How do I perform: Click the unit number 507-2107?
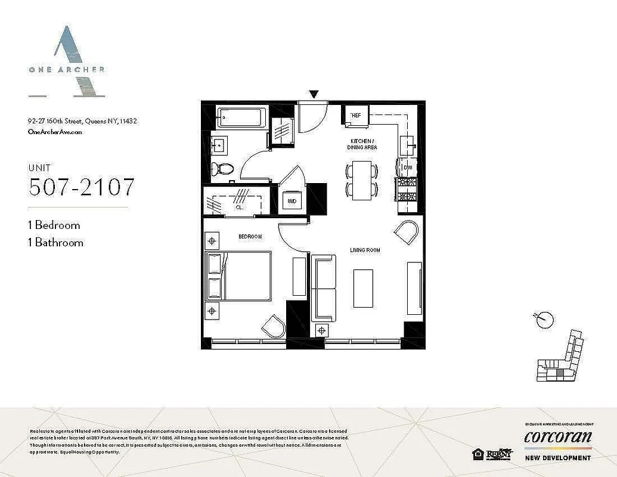[x=82, y=187]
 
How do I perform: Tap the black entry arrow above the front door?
[x=314, y=94]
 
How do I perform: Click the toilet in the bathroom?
[x=225, y=168]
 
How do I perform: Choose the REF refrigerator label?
[x=356, y=115]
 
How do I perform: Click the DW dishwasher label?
[x=408, y=168]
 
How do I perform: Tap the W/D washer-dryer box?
[x=292, y=202]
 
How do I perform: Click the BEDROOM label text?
[x=250, y=237]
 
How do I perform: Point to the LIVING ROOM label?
[x=365, y=250]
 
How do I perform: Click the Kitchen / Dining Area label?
[x=363, y=144]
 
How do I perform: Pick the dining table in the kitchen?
[x=362, y=179]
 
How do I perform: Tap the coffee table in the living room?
[x=363, y=288]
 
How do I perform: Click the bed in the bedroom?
[x=238, y=276]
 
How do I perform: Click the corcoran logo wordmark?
[x=557, y=437]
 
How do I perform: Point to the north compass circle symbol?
[x=543, y=320]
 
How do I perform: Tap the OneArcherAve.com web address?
[x=55, y=132]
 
